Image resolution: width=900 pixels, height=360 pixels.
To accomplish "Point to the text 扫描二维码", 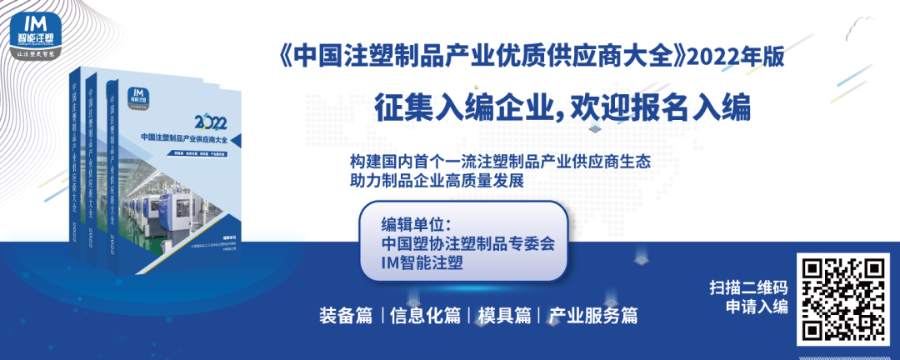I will coord(748,287).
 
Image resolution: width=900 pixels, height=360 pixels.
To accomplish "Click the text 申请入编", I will coord(756,307).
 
